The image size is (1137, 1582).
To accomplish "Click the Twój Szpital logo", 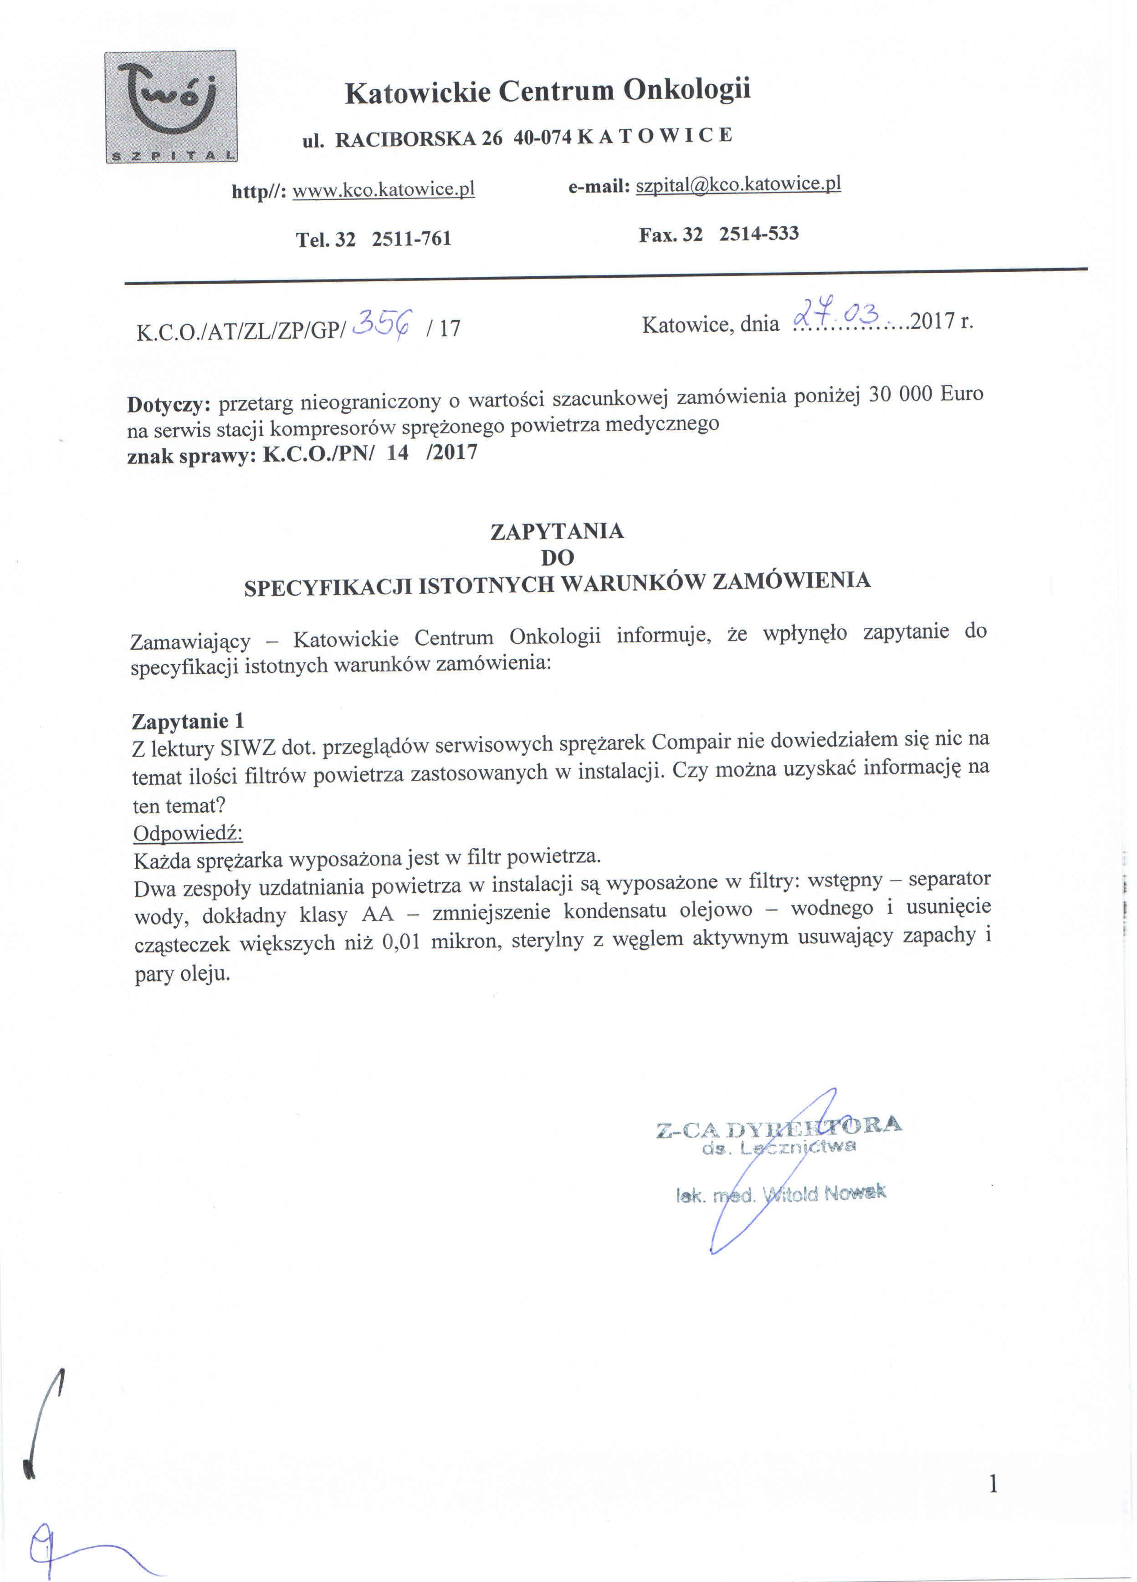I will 170,107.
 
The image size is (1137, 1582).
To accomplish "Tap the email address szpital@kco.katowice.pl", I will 738,184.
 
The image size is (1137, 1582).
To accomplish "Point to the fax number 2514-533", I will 759,234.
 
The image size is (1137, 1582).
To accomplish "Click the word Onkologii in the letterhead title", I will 686,89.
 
